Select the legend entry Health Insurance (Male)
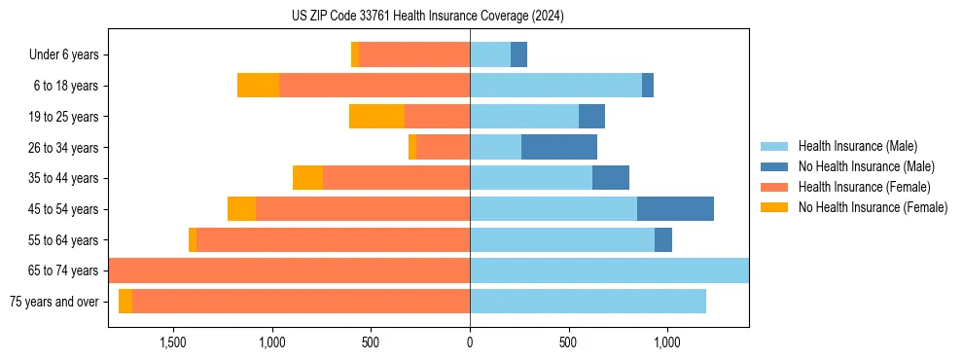[857, 146]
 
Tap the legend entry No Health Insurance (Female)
[873, 207]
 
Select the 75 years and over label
[53, 302]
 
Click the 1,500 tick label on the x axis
[172, 342]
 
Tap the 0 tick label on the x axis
[470, 342]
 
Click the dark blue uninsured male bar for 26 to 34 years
[559, 147]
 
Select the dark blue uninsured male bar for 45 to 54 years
[675, 209]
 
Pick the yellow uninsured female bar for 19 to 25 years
[376, 117]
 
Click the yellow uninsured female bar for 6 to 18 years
[258, 86]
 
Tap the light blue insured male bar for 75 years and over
[588, 302]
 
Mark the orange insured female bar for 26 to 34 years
[443, 147]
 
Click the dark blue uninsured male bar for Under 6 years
[518, 54]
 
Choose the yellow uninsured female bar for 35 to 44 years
[307, 178]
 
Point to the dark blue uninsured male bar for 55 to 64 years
[663, 240]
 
